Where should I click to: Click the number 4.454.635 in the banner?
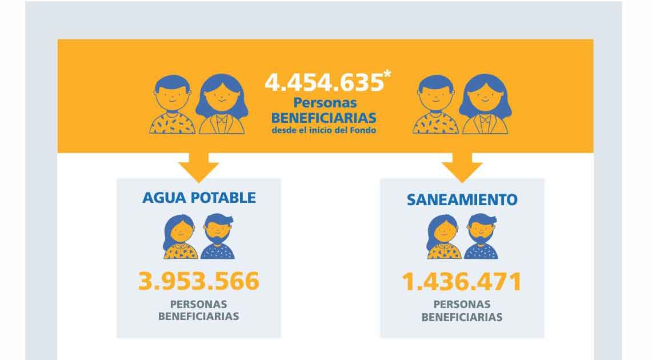click(x=323, y=83)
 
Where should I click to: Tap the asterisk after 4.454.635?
click(x=388, y=77)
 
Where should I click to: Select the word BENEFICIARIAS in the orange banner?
click(x=323, y=117)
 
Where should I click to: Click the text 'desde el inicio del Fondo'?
click(x=323, y=130)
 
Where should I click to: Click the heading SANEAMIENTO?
click(x=462, y=199)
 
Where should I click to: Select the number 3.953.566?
click(x=199, y=281)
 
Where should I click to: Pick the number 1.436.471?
click(x=462, y=282)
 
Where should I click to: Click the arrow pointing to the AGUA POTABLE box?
click(x=198, y=167)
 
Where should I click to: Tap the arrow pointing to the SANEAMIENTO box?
click(x=462, y=167)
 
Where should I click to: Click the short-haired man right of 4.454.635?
click(x=435, y=106)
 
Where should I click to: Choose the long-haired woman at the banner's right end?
click(x=485, y=105)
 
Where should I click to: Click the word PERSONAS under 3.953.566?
click(x=199, y=304)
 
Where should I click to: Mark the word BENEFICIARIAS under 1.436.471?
click(x=462, y=317)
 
